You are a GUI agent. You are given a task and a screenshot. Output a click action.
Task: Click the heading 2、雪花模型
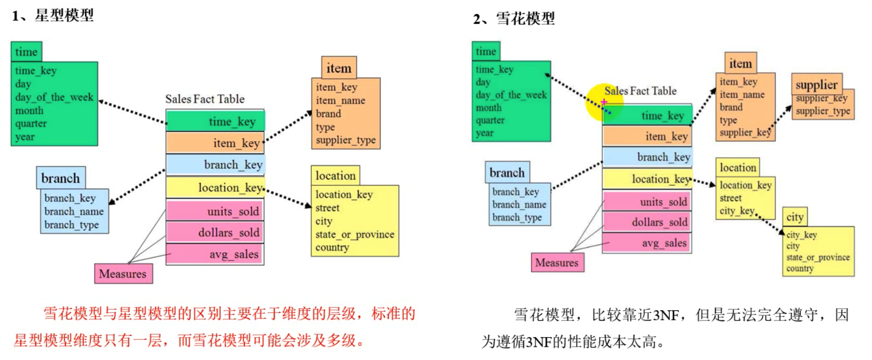click(513, 19)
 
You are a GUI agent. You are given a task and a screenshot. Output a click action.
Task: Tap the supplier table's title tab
click(816, 84)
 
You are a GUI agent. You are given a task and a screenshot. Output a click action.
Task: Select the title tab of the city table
click(795, 217)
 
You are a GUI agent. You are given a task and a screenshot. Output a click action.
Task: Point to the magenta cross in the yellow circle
click(604, 101)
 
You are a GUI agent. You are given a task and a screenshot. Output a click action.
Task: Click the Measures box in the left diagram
click(123, 273)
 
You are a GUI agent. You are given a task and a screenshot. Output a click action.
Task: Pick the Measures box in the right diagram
click(557, 263)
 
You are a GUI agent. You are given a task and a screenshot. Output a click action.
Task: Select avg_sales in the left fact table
click(233, 254)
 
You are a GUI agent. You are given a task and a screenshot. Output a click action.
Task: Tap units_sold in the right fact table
click(663, 202)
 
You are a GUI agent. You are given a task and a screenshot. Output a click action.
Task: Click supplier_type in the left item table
click(346, 140)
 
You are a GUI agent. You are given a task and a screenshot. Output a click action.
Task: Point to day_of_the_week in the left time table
click(54, 97)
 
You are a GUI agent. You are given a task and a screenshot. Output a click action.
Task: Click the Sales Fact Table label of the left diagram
click(205, 99)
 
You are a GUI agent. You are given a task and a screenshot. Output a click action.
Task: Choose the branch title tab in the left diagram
click(61, 178)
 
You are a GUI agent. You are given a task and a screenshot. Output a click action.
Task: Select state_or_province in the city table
click(818, 258)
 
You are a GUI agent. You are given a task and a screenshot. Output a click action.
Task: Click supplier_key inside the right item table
click(745, 132)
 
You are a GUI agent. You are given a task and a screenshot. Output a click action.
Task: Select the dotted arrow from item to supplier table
click(781, 118)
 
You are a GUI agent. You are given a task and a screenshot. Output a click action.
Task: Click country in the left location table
click(332, 248)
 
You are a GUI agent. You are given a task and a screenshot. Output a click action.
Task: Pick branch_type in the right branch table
click(517, 217)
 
